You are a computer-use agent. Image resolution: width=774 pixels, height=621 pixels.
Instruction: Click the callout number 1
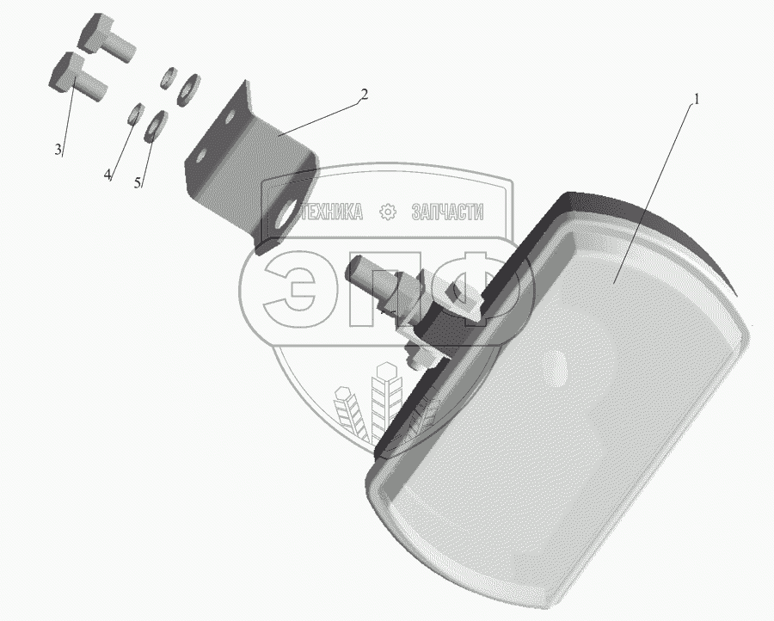pyautogui.click(x=697, y=100)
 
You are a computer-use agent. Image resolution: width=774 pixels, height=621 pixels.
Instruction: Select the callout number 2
pyautogui.click(x=364, y=94)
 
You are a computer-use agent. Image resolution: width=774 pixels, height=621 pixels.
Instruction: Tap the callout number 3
pyautogui.click(x=58, y=149)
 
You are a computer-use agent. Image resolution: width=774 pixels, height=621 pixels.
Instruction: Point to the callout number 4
pyautogui.click(x=107, y=175)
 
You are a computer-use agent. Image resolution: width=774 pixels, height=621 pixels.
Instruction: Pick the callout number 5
pyautogui.click(x=138, y=182)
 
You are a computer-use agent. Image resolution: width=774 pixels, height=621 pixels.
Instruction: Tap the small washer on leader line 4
pyautogui.click(x=135, y=114)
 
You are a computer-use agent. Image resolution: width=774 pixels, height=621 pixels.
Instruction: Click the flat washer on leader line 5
pyautogui.click(x=155, y=126)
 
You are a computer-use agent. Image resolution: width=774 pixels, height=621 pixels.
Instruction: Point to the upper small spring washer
pyautogui.click(x=169, y=77)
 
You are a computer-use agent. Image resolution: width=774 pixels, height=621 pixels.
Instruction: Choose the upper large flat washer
pyautogui.click(x=188, y=89)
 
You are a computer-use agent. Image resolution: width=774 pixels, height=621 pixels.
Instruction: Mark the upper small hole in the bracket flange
pyautogui.click(x=230, y=118)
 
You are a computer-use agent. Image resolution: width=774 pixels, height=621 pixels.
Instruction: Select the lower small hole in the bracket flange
pyautogui.click(x=200, y=157)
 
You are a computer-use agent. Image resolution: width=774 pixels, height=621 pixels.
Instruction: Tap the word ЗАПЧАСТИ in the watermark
pyautogui.click(x=447, y=212)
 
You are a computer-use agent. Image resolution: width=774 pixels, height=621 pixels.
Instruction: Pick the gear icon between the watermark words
pyautogui.click(x=388, y=212)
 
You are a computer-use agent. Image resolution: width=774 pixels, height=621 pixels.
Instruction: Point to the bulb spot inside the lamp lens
pyautogui.click(x=555, y=368)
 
